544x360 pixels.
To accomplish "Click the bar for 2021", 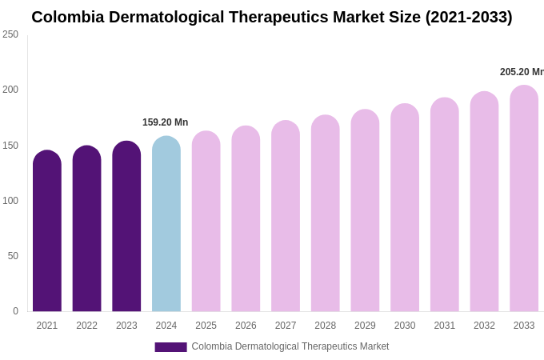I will pos(47,232).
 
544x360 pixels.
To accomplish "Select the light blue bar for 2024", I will pos(166,224).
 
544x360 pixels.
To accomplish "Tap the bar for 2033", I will pos(524,200).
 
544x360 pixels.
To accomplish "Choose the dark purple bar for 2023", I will pos(126,227).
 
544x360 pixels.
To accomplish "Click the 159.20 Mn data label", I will pos(165,122).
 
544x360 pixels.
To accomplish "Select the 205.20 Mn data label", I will pos(521,72).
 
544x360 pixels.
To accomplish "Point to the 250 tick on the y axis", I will pos(10,34).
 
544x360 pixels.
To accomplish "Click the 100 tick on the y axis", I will pos(10,201).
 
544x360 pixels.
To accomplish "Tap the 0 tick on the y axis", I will pos(15,311).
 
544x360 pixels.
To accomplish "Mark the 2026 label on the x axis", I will pos(246,326).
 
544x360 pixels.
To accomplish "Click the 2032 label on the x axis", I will pos(484,326).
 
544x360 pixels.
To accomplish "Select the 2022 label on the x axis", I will pos(86,326).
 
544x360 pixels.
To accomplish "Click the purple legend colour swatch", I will pos(170,347).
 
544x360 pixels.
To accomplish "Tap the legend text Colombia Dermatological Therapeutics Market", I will pos(290,346).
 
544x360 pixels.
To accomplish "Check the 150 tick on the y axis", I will pos(10,146).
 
